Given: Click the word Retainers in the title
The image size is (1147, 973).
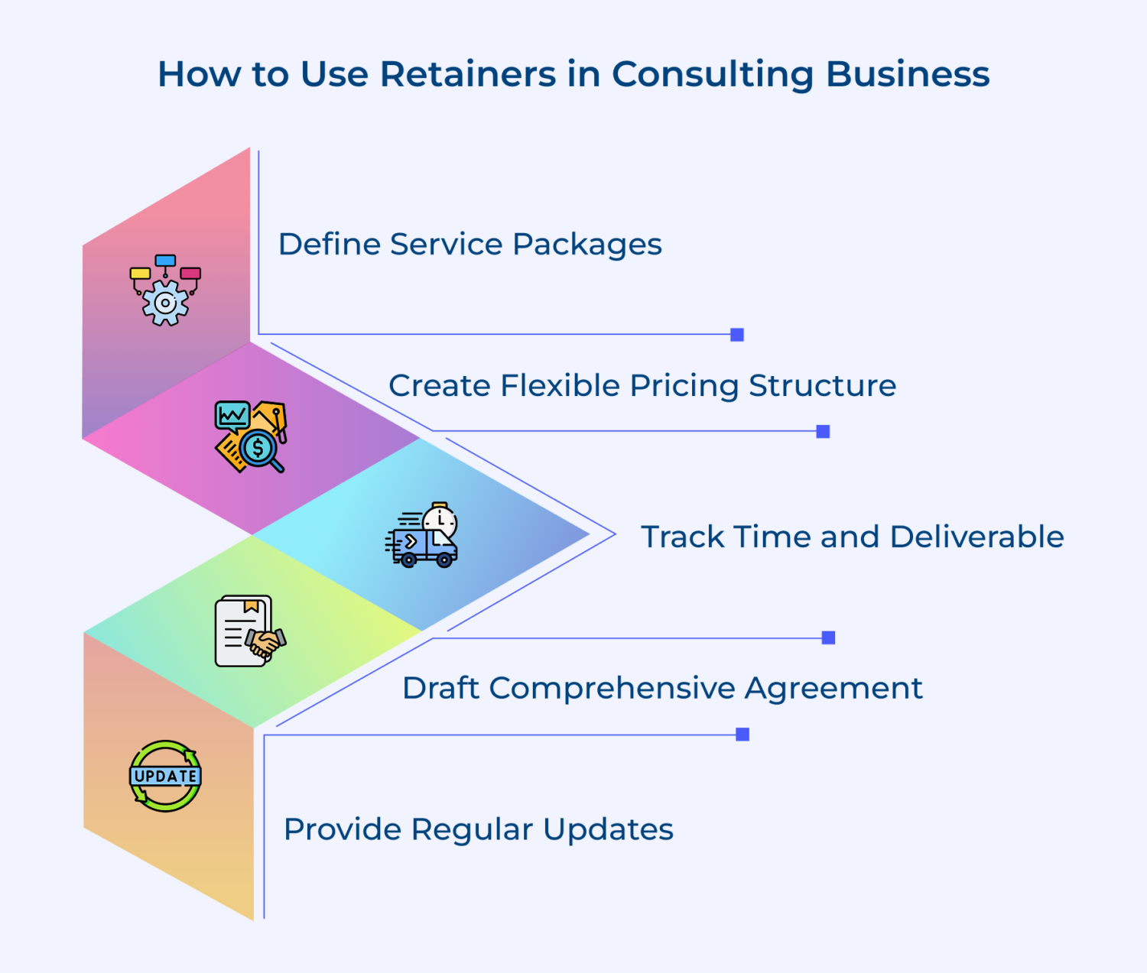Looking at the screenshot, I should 469,74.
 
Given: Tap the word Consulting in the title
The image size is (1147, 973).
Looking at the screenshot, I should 713,74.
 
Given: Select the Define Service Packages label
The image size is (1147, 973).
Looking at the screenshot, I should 470,245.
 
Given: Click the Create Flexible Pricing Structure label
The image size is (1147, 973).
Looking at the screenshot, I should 642,385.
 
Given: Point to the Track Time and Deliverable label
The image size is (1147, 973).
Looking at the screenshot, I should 852,537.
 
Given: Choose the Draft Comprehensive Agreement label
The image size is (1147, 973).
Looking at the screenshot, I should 662,688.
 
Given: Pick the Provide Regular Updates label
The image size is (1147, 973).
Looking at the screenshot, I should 478,829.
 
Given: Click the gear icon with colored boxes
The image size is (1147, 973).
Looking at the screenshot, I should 165,291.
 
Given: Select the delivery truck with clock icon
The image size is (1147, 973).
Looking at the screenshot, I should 421,535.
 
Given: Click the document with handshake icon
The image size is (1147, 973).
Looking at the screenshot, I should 250,631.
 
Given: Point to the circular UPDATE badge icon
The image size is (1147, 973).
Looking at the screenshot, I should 165,776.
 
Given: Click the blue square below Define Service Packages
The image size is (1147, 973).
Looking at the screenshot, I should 737,335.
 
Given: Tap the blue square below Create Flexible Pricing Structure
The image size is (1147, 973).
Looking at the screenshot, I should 823,432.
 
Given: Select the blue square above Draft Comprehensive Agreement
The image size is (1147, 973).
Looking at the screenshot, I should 828,637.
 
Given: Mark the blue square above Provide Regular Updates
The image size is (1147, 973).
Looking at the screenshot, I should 742,735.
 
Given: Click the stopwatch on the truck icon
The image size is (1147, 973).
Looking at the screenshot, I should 440,521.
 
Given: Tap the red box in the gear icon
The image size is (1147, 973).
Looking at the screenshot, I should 190,273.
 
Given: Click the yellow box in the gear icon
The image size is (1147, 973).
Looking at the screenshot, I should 140,273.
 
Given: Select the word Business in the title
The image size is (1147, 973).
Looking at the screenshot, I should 908,74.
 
